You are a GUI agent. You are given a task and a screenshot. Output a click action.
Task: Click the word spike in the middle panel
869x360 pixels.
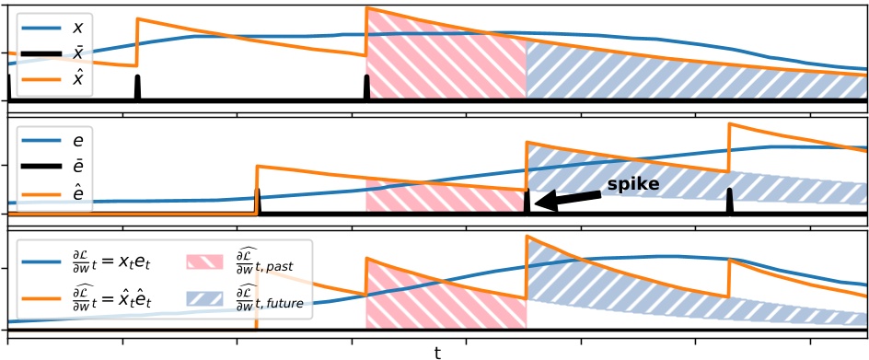tap(632, 185)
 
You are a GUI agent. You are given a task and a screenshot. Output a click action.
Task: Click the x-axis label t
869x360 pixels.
tap(437, 352)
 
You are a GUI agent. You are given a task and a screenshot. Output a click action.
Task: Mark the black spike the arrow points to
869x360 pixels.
tap(527, 203)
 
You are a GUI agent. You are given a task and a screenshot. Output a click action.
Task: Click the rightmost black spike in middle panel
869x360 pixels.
tap(729, 202)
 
